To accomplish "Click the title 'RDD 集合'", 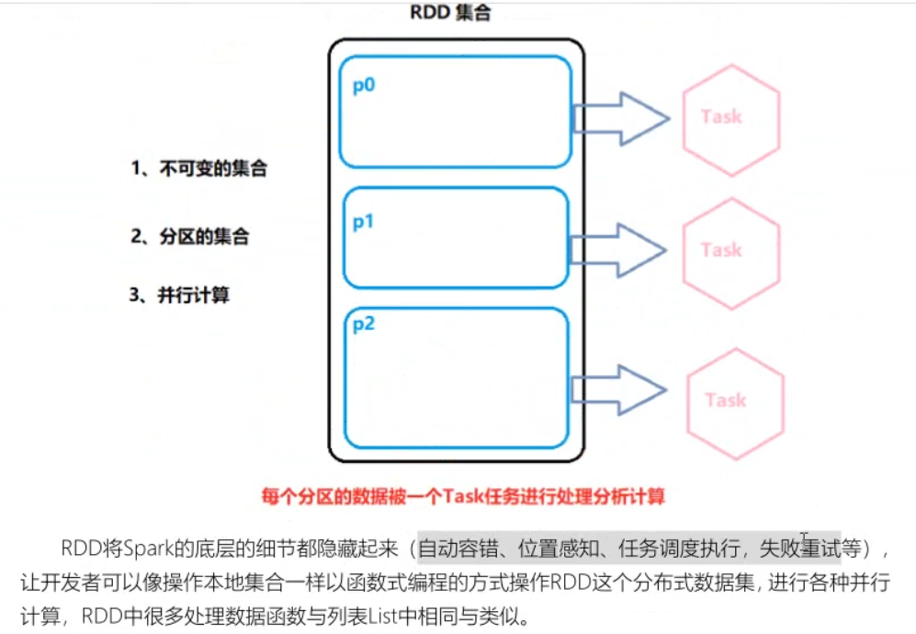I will [x=457, y=15].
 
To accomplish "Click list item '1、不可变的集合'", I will [x=198, y=169].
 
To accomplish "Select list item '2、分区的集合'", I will [x=189, y=236].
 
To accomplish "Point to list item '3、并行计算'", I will [x=179, y=295].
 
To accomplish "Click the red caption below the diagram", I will [x=463, y=497].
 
